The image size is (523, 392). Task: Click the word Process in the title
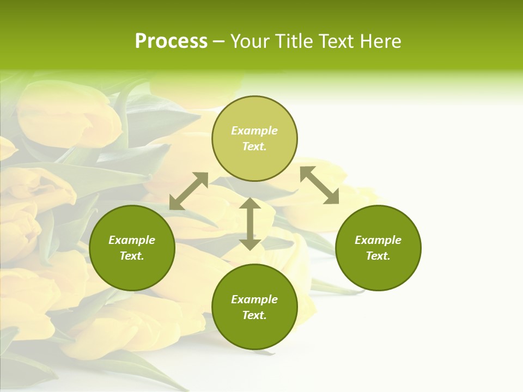point(171,41)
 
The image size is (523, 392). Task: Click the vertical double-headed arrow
point(250,224)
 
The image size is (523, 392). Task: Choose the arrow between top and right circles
point(320,185)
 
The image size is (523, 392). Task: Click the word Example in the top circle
point(254,131)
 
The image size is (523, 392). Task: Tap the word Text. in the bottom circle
point(254,315)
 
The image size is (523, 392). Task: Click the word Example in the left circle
point(132,240)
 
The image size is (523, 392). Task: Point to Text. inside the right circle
point(378,256)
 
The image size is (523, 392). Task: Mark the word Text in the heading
point(337,41)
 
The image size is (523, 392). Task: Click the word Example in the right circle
point(378,240)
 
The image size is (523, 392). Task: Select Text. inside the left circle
point(132,256)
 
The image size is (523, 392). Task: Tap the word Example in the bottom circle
point(254,299)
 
